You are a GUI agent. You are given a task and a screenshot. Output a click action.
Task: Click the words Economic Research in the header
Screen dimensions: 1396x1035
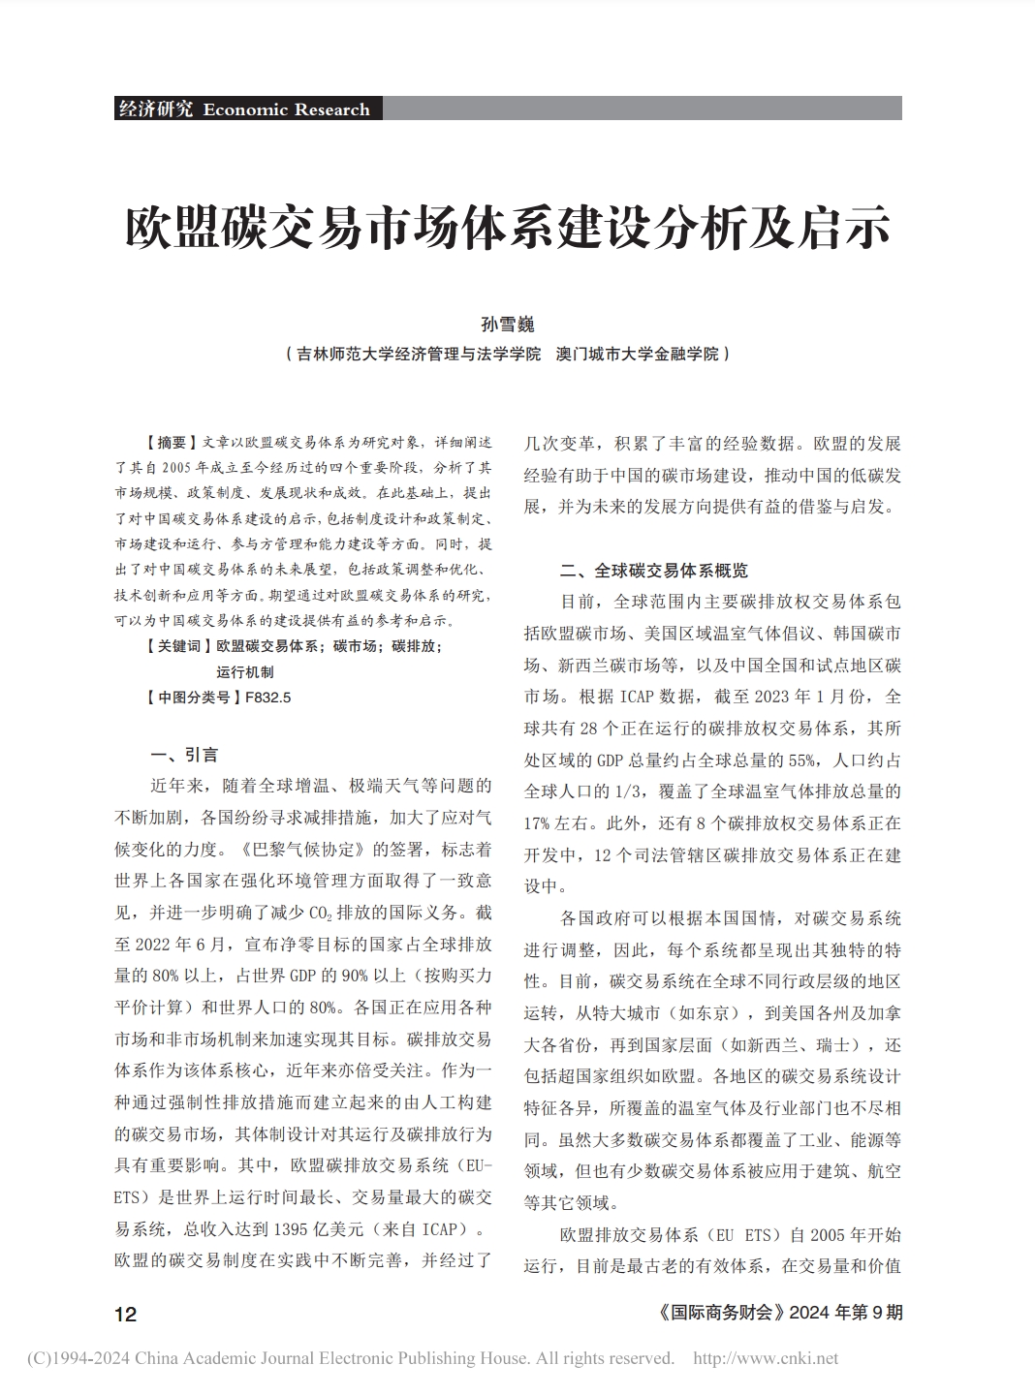tap(286, 109)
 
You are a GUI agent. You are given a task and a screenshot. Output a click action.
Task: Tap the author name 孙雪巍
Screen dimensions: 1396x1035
tap(508, 325)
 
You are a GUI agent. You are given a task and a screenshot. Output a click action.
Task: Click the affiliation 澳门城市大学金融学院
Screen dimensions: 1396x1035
tap(637, 355)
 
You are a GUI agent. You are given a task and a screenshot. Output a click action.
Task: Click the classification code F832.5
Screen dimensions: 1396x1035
tap(267, 697)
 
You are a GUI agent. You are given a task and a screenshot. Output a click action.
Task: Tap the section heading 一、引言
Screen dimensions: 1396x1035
tap(184, 755)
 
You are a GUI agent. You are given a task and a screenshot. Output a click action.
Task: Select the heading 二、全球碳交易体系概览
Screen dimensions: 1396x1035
tap(654, 570)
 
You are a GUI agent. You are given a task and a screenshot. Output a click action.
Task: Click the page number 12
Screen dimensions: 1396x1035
tap(126, 1314)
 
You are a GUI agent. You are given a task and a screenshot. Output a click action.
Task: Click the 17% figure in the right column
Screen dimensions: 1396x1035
tap(539, 823)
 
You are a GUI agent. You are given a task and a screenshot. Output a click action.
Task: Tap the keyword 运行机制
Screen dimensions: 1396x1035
tap(245, 671)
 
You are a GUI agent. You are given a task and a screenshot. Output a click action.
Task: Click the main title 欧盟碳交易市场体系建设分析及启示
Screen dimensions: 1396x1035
tap(508, 227)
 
